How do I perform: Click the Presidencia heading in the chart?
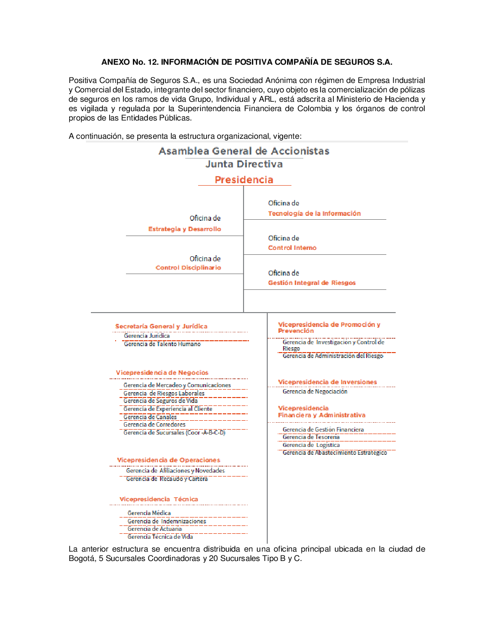pyautogui.click(x=244, y=180)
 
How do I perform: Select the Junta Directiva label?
pyautogui.click(x=244, y=164)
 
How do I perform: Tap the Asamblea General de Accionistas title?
pyautogui.click(x=244, y=151)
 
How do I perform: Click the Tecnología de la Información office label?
pyautogui.click(x=314, y=213)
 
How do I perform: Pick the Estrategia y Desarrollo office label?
pyautogui.click(x=184, y=229)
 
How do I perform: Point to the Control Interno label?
pyautogui.click(x=292, y=248)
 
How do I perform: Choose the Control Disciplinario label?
pyautogui.click(x=188, y=268)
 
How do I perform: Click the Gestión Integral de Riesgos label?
pyautogui.click(x=312, y=283)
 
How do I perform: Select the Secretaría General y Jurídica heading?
pyautogui.click(x=161, y=326)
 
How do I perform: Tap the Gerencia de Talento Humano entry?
pyautogui.click(x=162, y=344)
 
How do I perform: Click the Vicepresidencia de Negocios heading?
pyautogui.click(x=162, y=373)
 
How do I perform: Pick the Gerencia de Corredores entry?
pyautogui.click(x=154, y=425)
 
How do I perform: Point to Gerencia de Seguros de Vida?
pyautogui.click(x=160, y=401)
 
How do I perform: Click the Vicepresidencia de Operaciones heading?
pyautogui.click(x=168, y=460)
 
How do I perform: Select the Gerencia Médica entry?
pyautogui.click(x=149, y=513)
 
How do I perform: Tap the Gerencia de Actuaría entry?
pyautogui.click(x=154, y=529)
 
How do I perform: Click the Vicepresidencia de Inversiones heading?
pyautogui.click(x=327, y=382)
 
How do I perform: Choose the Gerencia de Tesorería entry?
pyautogui.click(x=311, y=437)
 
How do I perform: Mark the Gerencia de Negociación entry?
pyautogui.click(x=315, y=392)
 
